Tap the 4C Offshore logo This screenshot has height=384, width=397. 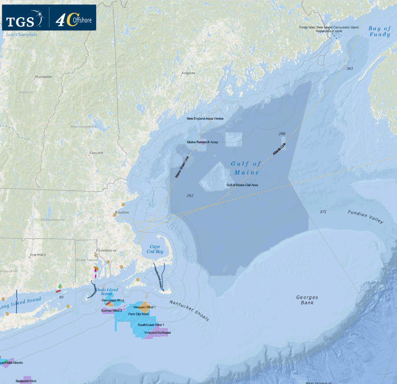pyautogui.click(x=73, y=18)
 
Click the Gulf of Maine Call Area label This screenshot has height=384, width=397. pyautogui.click(x=242, y=185)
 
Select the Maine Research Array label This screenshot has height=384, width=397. pyautogui.click(x=202, y=142)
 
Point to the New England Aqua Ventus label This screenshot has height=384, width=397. pyautogui.click(x=205, y=118)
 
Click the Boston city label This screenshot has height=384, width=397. pyautogui.click(x=122, y=212)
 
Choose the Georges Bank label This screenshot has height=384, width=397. pyautogui.click(x=307, y=300)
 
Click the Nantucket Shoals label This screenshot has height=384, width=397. pyautogui.click(x=189, y=311)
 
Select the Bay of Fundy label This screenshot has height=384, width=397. pyautogui.click(x=379, y=31)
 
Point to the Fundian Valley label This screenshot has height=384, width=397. pyautogui.click(x=366, y=217)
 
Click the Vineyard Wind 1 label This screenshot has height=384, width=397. pyautogui.click(x=144, y=306)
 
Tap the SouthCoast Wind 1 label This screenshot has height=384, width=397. pyautogui.click(x=151, y=325)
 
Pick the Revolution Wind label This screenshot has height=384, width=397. pyautogui.click(x=113, y=300)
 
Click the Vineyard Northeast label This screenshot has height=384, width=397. pyautogui.click(x=157, y=332)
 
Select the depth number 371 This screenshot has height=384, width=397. pyautogui.click(x=323, y=212)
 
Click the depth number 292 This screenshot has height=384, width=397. pyautogui.click(x=190, y=196)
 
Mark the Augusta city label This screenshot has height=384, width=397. pyautogui.click(x=188, y=73)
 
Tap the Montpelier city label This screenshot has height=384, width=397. pyautogui.click(x=44, y=77)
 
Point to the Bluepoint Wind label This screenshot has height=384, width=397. pyautogui.click(x=26, y=381)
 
